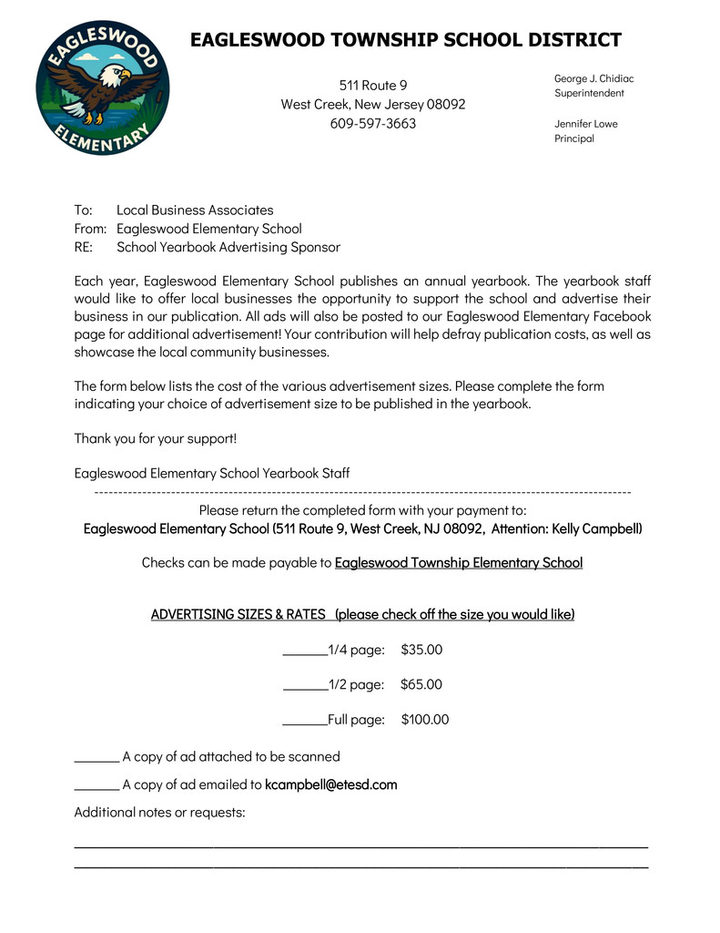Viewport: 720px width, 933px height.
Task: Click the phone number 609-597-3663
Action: [372, 123]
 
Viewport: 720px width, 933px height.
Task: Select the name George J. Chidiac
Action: [593, 78]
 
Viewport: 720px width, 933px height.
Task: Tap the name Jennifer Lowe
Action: [585, 123]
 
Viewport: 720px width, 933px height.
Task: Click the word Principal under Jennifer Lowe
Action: [574, 138]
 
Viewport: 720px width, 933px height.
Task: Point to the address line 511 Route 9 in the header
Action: [372, 85]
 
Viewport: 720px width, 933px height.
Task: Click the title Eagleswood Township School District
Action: [405, 40]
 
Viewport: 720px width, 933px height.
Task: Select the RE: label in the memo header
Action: [86, 247]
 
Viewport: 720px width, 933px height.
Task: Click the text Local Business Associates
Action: [195, 210]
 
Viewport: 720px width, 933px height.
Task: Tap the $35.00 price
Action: [421, 650]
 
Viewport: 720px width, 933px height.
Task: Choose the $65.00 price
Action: [421, 684]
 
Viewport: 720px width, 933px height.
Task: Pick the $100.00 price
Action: [425, 720]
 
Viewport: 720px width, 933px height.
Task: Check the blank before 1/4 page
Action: [305, 651]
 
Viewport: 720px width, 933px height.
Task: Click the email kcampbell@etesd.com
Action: [331, 784]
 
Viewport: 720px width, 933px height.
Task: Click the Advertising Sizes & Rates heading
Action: [362, 614]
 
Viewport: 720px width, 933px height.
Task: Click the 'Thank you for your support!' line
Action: [155, 438]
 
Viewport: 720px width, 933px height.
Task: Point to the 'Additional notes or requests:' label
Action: [159, 812]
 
